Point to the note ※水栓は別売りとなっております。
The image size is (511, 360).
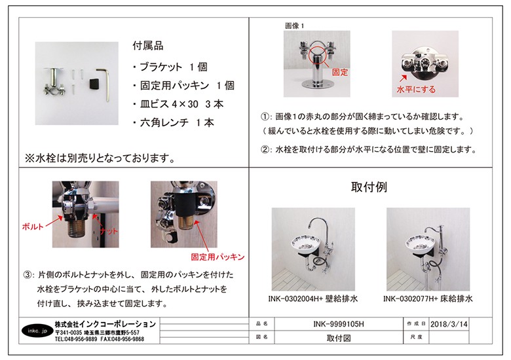click(x=100, y=158)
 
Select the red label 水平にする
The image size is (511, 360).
click(x=416, y=90)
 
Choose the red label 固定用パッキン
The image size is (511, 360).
click(x=217, y=257)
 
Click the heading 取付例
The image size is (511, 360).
click(x=369, y=187)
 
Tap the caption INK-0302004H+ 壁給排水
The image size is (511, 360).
click(x=312, y=298)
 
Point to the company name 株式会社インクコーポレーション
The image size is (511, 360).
click(x=105, y=324)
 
